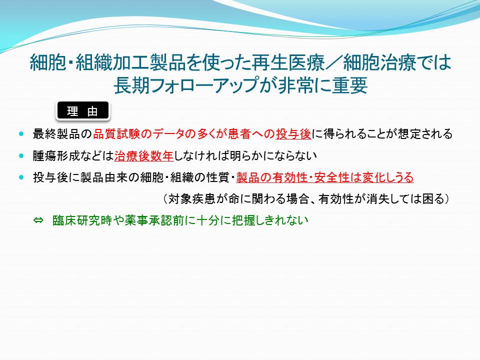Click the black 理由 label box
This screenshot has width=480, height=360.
coord(82,110)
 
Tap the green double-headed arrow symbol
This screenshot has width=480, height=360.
coord(38,220)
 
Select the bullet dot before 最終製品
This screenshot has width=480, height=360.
coord(21,134)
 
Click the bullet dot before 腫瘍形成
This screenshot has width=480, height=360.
coord(21,156)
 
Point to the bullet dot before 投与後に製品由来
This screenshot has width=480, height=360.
coord(21,177)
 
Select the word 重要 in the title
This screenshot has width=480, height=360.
coord(349,85)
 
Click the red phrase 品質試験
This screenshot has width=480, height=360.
coord(116,134)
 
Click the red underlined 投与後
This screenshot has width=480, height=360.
coord(293,134)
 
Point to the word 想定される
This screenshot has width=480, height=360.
coord(425,134)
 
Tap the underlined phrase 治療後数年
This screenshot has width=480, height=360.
coord(144,156)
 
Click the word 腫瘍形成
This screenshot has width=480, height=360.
coord(56,156)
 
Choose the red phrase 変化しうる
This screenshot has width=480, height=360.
coord(388,177)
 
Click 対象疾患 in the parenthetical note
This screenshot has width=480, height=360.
coord(191,199)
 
